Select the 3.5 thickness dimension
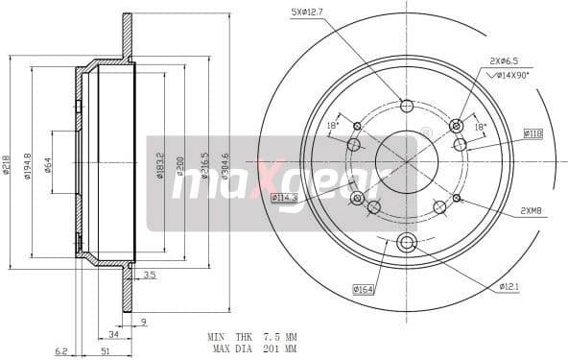pyautogui.click(x=149, y=276)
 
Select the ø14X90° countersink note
pyautogui.click(x=509, y=74)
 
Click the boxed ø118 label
pyautogui.click(x=532, y=133)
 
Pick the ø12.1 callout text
pyautogui.click(x=509, y=286)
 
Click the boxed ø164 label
pyautogui.click(x=363, y=287)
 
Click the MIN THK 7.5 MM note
pyautogui.click(x=250, y=337)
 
